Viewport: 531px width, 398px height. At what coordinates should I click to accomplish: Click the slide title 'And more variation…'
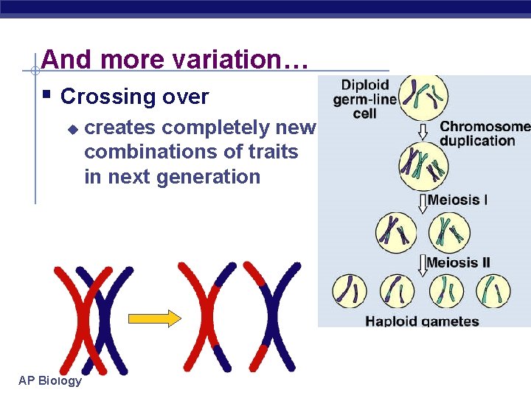[x=174, y=60]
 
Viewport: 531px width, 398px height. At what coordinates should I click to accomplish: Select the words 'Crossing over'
[x=134, y=97]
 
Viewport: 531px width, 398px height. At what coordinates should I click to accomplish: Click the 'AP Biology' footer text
[x=50, y=380]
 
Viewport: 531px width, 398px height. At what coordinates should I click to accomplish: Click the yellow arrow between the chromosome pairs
[x=154, y=318]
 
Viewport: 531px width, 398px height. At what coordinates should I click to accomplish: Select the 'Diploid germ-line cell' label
[x=364, y=99]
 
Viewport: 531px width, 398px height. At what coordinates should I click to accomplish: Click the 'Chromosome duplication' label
[x=485, y=133]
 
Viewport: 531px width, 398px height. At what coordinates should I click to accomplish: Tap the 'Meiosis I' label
[x=457, y=200]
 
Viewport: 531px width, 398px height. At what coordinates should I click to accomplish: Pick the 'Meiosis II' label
[x=458, y=262]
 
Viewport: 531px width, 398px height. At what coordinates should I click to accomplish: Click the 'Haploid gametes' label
[x=423, y=321]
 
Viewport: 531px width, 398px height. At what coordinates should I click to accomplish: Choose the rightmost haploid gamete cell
[x=493, y=290]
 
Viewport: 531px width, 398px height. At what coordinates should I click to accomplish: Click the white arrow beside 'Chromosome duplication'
[x=423, y=130]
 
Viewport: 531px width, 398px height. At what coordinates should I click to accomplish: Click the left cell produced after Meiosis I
[x=397, y=230]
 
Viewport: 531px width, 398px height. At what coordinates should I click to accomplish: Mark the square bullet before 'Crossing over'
[x=46, y=95]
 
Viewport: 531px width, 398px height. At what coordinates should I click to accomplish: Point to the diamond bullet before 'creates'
[x=72, y=128]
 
